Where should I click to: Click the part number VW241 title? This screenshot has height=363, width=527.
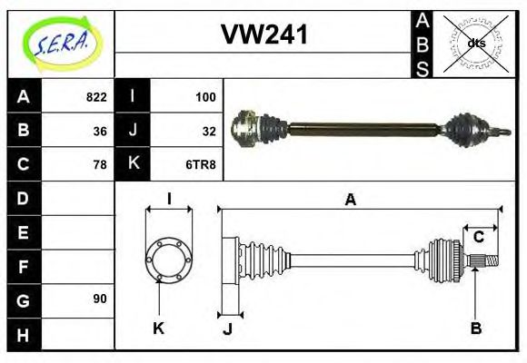pyautogui.click(x=264, y=35)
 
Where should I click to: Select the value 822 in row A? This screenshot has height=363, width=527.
pyautogui.click(x=95, y=97)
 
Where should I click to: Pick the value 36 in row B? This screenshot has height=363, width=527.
pyautogui.click(x=99, y=131)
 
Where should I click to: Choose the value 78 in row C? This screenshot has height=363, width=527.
pyautogui.click(x=99, y=164)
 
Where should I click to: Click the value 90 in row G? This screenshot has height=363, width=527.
pyautogui.click(x=99, y=299)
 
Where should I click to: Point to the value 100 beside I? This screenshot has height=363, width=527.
pyautogui.click(x=205, y=97)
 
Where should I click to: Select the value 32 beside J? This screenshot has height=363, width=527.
pyautogui.click(x=208, y=131)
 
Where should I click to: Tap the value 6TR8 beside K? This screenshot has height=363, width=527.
pyautogui.click(x=202, y=164)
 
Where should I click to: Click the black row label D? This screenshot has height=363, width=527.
pyautogui.click(x=23, y=198)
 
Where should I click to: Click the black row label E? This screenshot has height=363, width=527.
pyautogui.click(x=23, y=232)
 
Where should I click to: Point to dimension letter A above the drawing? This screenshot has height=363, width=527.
pyautogui.click(x=350, y=201)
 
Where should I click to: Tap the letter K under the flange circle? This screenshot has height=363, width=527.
pyautogui.click(x=159, y=329)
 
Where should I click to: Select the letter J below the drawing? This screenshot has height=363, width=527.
pyautogui.click(x=227, y=329)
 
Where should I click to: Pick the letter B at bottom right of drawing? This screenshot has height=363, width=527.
pyautogui.click(x=475, y=329)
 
